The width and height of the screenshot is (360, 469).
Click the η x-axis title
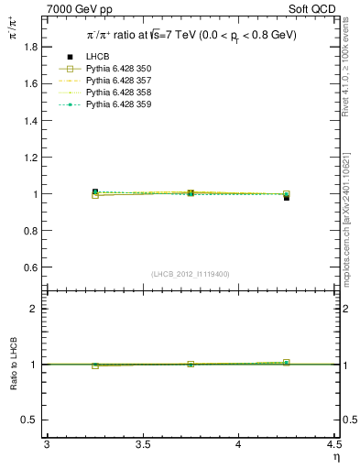click(334, 456)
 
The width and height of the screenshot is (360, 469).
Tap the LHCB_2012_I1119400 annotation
click(191, 274)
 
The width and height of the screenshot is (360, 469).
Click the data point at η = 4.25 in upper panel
click(286, 196)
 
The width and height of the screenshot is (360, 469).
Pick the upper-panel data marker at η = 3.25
click(94, 192)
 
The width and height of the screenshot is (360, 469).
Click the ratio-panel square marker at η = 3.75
click(191, 364)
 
